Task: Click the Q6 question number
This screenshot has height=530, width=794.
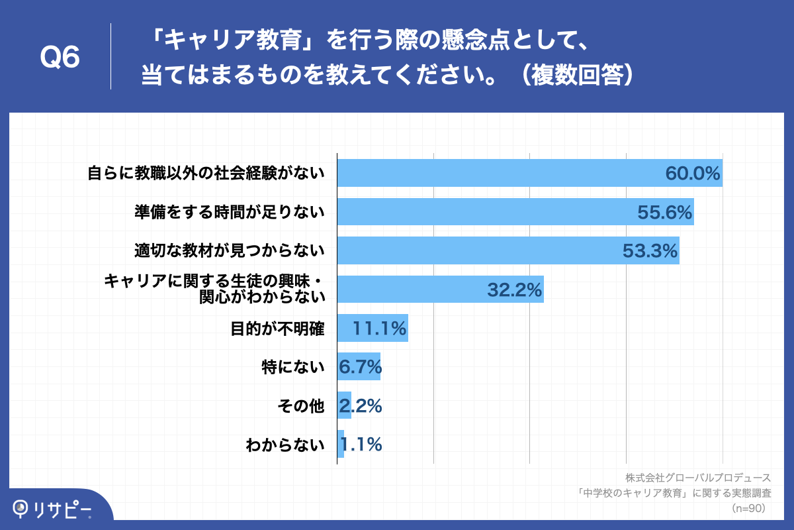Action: point(60,58)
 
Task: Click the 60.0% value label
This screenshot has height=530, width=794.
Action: point(692,174)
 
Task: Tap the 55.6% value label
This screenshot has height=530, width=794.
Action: point(664,212)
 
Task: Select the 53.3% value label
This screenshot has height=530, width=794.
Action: point(650,250)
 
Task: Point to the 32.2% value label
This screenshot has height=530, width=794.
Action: point(515,290)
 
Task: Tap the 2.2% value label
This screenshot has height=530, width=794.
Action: point(360,405)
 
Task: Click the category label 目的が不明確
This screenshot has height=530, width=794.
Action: point(277,328)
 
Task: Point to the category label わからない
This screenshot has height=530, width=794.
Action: point(285,444)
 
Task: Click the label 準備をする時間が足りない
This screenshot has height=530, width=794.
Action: point(230,212)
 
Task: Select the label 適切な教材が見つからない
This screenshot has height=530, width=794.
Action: point(230,250)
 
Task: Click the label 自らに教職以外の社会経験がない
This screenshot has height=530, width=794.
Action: point(206,174)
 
